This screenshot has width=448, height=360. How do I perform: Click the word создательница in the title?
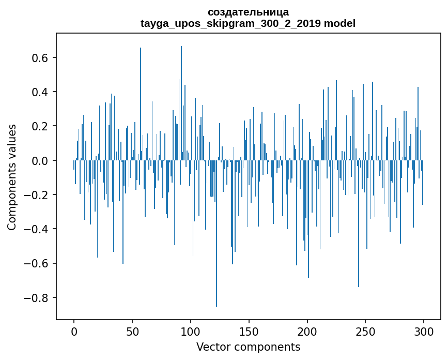pyautogui.click(x=248, y=12)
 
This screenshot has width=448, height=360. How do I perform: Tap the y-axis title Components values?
pyautogui.click(x=11, y=177)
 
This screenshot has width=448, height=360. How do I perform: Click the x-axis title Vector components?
pyautogui.click(x=248, y=347)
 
